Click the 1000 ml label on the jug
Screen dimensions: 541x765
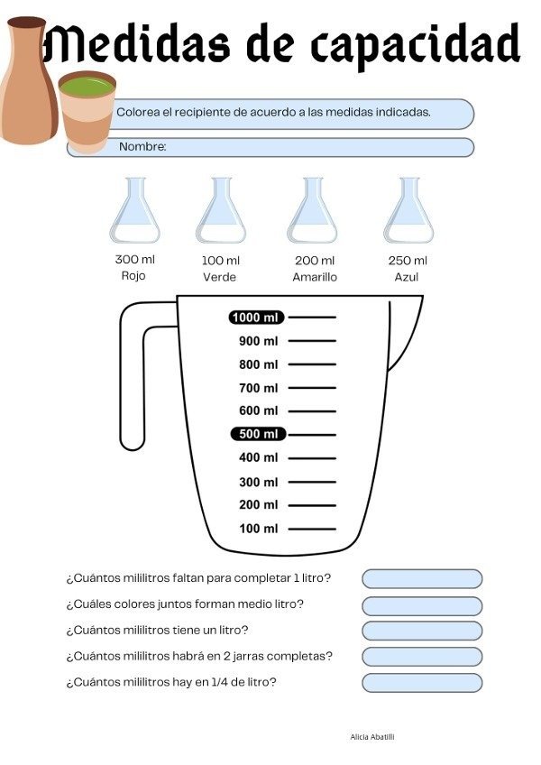[256, 318]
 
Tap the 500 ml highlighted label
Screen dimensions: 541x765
[258, 434]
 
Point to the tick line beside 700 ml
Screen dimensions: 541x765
[312, 388]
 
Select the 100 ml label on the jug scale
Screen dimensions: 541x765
[259, 529]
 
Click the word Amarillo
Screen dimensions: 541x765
[315, 277]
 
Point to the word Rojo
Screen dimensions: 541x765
[133, 276]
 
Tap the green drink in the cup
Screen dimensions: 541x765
[87, 87]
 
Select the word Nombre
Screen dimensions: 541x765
[142, 146]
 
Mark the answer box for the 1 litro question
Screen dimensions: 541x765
[422, 578]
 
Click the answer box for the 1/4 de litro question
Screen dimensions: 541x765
[422, 683]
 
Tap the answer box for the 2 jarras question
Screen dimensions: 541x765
[422, 657]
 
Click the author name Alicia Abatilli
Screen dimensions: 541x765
[372, 737]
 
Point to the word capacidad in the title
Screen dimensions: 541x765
[416, 45]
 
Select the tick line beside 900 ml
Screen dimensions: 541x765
[312, 340]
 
